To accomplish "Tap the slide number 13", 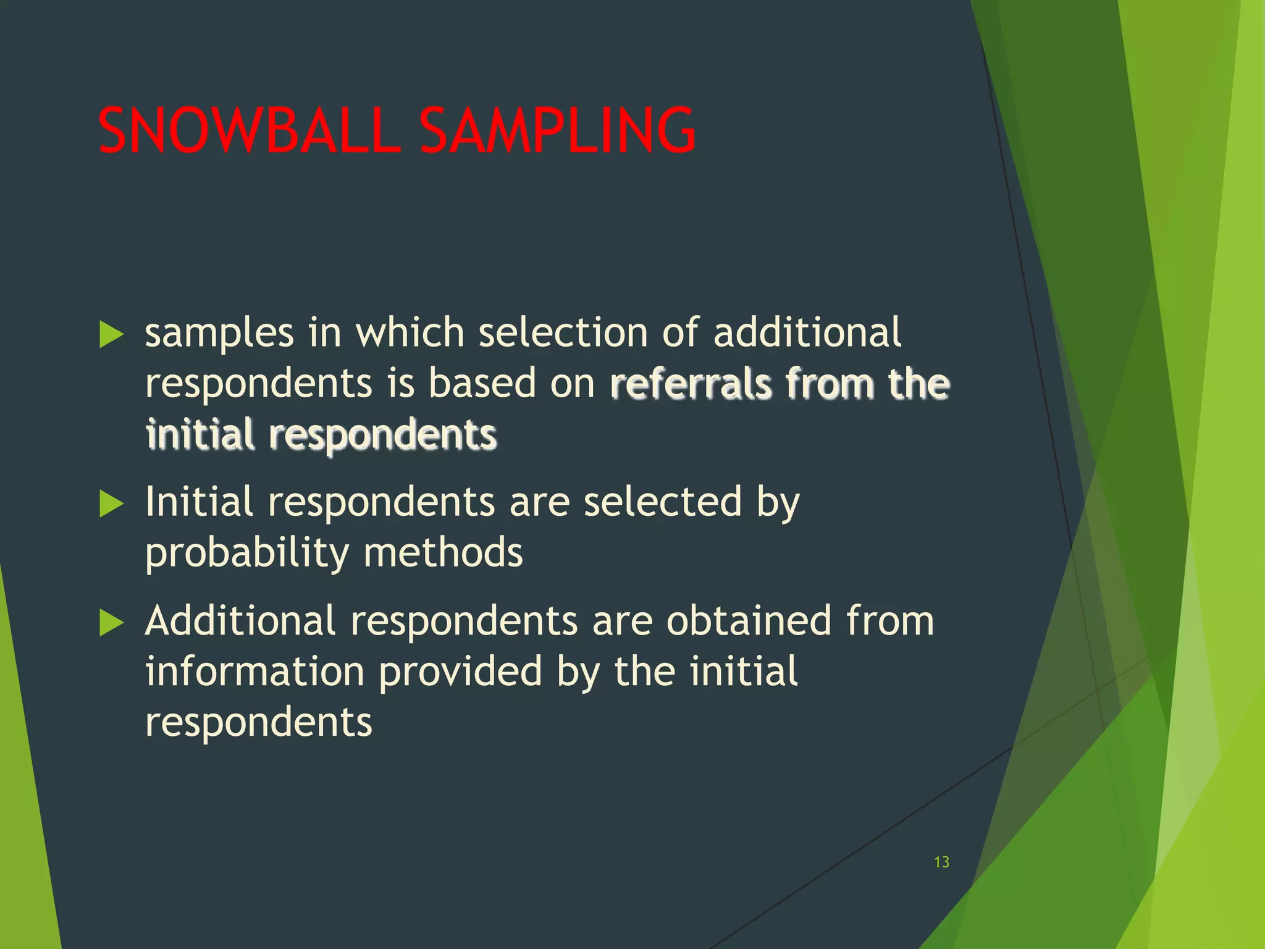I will pyautogui.click(x=941, y=862).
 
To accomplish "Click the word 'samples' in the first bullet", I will pyautogui.click(x=219, y=334).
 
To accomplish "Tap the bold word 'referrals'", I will pyautogui.click(x=691, y=384).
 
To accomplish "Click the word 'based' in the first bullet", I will pyautogui.click(x=482, y=382).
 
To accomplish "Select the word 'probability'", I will pyautogui.click(x=247, y=553).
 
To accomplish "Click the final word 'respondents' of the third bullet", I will pyautogui.click(x=258, y=722).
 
